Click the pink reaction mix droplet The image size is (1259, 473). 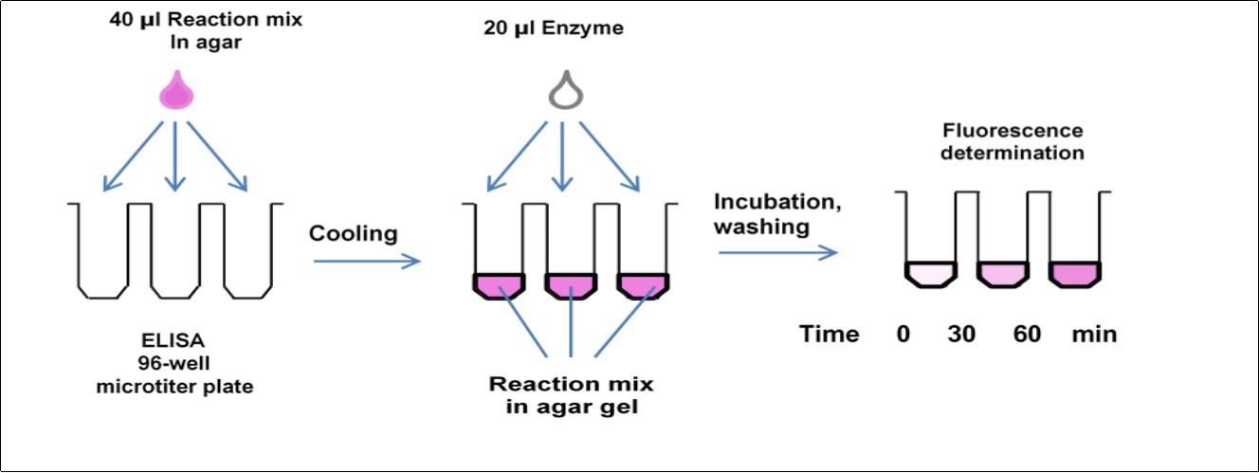pyautogui.click(x=173, y=96)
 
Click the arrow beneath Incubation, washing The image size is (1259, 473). pyautogui.click(x=778, y=252)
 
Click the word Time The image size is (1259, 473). pyautogui.click(x=829, y=335)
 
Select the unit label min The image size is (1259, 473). pyautogui.click(x=1094, y=335)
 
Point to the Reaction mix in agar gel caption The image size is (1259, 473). pyautogui.click(x=571, y=395)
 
